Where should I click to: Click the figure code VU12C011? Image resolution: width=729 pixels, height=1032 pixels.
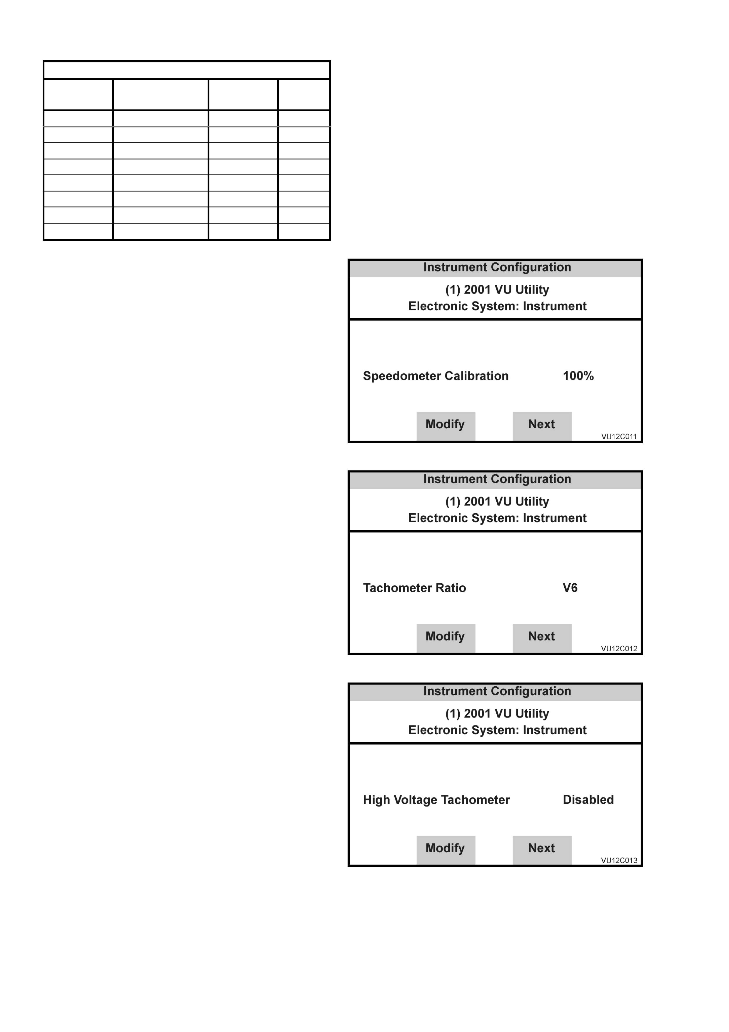pyautogui.click(x=619, y=437)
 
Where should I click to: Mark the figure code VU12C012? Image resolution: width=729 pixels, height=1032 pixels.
pyautogui.click(x=619, y=649)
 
